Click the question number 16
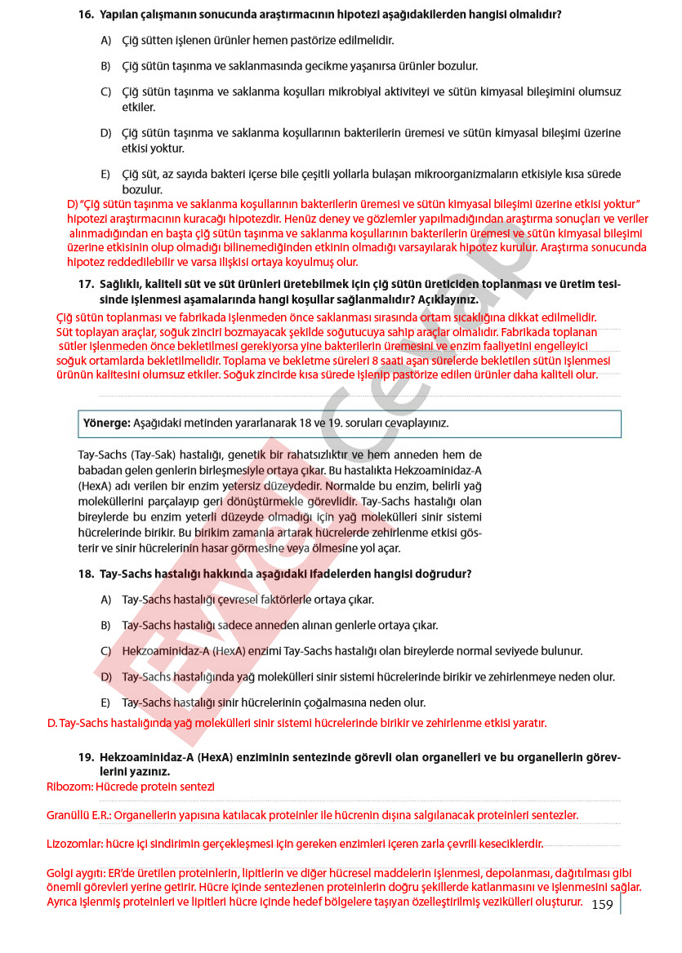[86, 15]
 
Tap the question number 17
[86, 284]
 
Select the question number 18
[86, 574]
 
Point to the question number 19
[86, 757]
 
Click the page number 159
[602, 904]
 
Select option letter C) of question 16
[105, 91]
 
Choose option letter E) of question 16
[105, 174]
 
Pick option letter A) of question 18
[105, 600]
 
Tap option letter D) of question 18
[105, 677]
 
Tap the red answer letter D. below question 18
[51, 723]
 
